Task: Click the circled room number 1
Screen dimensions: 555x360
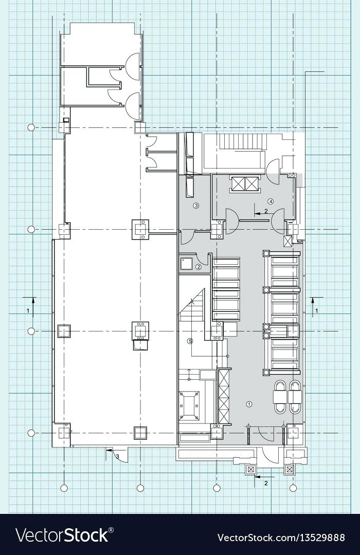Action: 249,404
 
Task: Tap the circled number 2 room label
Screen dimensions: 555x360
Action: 198,267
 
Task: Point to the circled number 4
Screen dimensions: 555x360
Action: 271,200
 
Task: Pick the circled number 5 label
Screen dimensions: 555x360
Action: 190,341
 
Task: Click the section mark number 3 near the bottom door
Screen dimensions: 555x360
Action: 117,456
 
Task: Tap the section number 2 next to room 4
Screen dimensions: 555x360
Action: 266,211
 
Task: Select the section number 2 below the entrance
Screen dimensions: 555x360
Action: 266,483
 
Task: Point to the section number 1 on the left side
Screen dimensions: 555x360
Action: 28,311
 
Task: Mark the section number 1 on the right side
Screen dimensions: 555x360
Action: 317,311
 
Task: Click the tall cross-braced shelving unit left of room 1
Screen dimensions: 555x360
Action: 224,396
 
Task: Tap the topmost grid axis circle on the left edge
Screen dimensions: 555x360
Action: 31,127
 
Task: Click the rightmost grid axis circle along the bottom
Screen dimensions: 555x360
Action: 293,488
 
